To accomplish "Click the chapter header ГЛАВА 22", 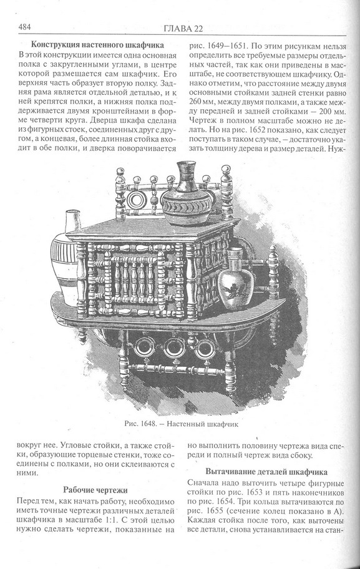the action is point(183,29).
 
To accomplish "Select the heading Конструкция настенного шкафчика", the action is point(97,45).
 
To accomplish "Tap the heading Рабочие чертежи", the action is point(95,490).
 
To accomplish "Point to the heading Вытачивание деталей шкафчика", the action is point(266,472).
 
